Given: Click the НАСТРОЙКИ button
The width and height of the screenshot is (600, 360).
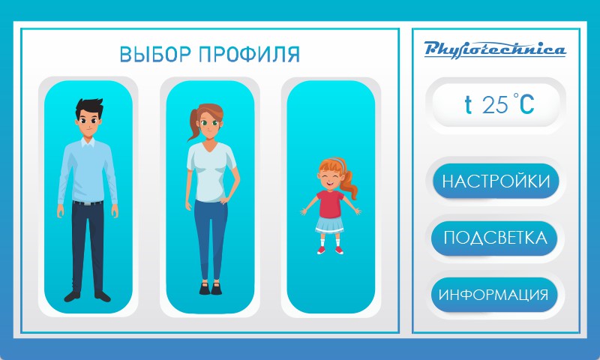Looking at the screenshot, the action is (x=496, y=181).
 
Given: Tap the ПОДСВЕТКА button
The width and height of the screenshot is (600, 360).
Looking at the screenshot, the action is (x=494, y=238).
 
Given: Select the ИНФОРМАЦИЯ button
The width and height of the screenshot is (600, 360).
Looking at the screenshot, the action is (x=494, y=295).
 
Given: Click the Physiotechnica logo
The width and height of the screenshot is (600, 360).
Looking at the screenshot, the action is (x=495, y=49).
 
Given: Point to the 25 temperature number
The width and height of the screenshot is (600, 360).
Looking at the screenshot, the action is (x=495, y=104).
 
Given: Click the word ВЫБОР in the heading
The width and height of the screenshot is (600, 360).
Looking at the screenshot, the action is (x=155, y=54).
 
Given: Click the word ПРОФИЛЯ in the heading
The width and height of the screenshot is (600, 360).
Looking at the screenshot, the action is (x=250, y=54).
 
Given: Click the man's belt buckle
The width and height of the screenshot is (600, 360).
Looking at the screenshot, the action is (x=88, y=203).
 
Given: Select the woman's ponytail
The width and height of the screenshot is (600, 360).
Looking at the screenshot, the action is (x=194, y=124).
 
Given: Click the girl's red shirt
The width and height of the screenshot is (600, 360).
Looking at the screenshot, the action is (x=330, y=203).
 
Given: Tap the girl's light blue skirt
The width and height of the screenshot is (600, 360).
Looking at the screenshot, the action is (x=330, y=224).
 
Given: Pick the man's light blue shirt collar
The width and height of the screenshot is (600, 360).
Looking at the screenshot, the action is (x=88, y=142).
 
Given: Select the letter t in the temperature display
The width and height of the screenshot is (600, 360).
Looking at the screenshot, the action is (x=468, y=104).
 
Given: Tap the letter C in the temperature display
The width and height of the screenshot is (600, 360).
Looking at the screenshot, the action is (x=526, y=104).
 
